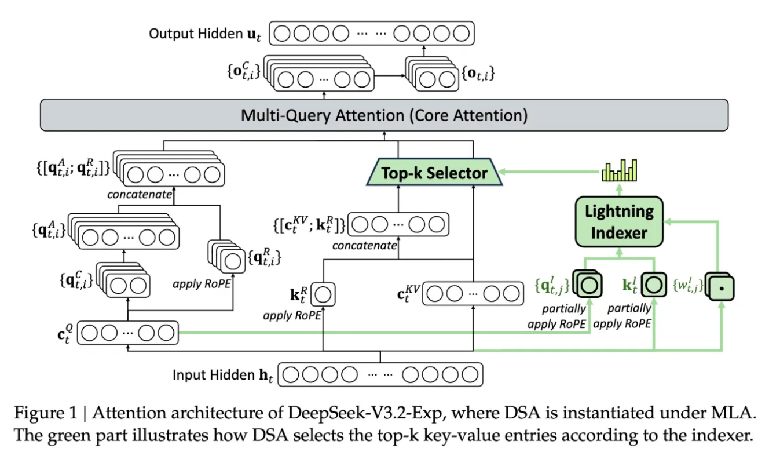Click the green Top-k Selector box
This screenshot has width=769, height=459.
tap(435, 173)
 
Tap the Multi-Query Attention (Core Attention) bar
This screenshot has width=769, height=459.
tap(384, 115)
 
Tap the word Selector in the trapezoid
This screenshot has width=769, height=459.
tap(461, 173)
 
